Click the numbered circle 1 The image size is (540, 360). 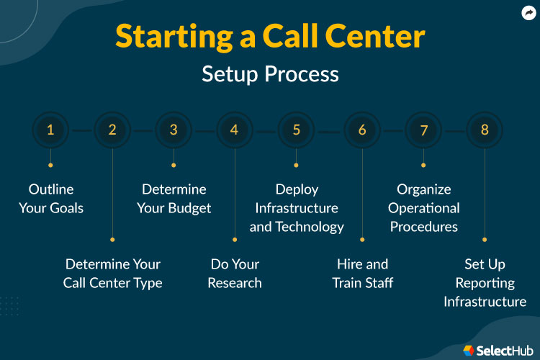(x=50, y=130)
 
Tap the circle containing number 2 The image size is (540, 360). (x=112, y=130)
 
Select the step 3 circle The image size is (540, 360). (x=174, y=130)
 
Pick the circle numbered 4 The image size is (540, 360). (x=234, y=130)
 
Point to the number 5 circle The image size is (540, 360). (x=297, y=130)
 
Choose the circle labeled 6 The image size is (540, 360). (x=361, y=130)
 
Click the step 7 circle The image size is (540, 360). (x=423, y=130)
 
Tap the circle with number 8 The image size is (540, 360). (x=485, y=130)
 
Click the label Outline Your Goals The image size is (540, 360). (x=56, y=199)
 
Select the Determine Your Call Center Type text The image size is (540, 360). (x=113, y=274)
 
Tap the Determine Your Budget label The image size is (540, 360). (x=174, y=199)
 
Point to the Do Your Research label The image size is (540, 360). (x=235, y=274)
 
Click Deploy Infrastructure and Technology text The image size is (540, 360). (x=297, y=208)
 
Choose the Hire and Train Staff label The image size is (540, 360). (x=362, y=274)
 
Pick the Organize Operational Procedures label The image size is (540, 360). (x=424, y=208)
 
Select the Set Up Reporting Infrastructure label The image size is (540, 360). (x=485, y=283)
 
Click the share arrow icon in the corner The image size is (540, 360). (x=528, y=12)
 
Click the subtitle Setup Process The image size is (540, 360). (x=270, y=73)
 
